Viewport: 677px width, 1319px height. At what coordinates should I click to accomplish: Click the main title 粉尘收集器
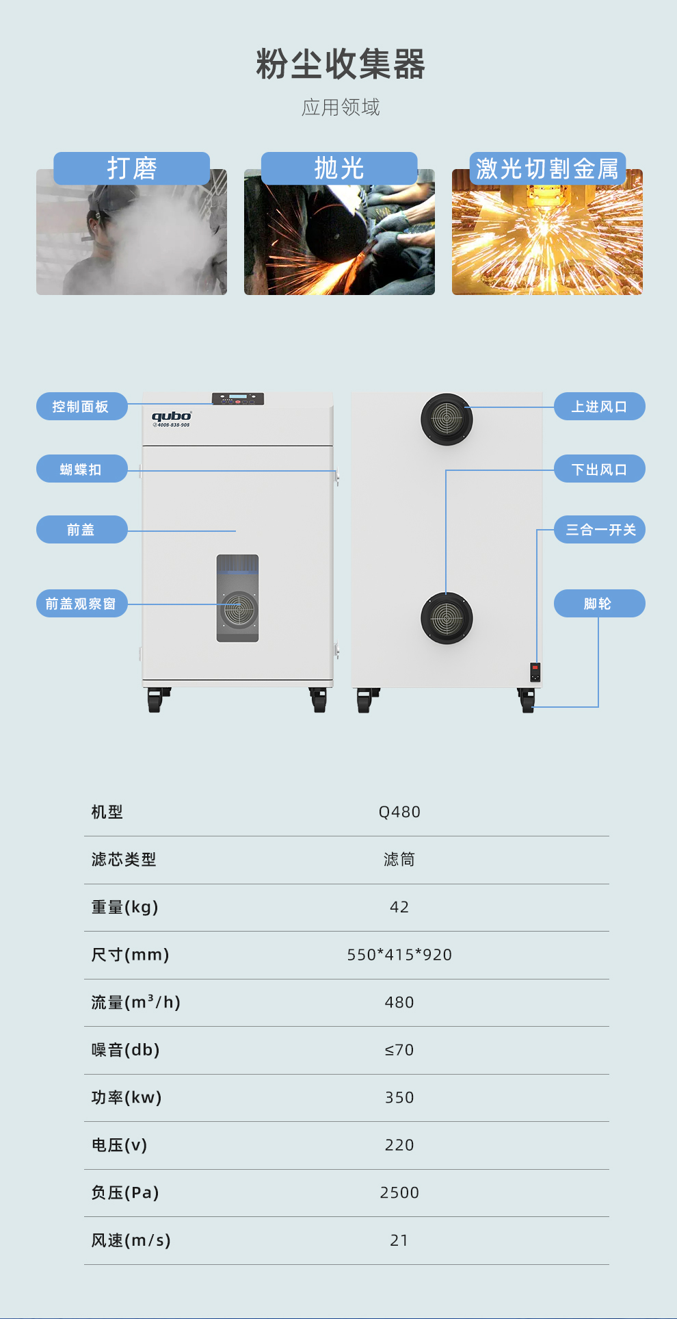point(340,64)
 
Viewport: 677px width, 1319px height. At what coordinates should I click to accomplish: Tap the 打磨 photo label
point(132,168)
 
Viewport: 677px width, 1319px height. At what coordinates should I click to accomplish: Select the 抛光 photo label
point(339,168)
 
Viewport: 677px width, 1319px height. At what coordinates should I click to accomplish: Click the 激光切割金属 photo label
point(547,168)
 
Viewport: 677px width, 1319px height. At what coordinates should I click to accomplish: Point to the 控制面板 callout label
point(81,407)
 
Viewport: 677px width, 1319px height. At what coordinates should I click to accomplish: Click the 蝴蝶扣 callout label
point(81,469)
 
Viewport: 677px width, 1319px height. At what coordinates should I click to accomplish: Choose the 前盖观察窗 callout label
point(81,604)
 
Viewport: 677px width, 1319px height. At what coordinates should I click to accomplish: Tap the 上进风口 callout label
point(599,407)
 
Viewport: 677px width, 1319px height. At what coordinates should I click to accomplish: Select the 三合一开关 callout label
point(600,530)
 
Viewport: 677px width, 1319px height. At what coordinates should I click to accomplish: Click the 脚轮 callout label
point(599,604)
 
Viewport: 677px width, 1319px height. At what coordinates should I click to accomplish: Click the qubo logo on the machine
point(171,417)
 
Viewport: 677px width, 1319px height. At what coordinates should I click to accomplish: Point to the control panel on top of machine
point(237,399)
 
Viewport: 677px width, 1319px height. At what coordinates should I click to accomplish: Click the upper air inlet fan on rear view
point(447,418)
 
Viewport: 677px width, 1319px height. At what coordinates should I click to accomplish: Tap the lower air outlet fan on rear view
point(447,618)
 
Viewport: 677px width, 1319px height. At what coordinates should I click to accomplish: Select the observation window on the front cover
point(237,598)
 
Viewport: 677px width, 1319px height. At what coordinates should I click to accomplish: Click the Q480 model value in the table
point(399,812)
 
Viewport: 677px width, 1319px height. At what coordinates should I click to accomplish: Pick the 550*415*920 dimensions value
point(399,955)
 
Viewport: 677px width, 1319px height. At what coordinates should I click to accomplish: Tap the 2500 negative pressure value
point(399,1192)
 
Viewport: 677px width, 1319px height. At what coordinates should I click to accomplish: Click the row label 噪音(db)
point(126,1050)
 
